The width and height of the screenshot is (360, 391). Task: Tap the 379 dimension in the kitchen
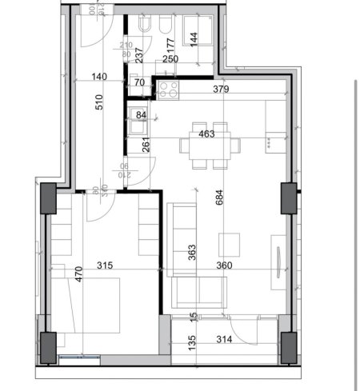click(222, 90)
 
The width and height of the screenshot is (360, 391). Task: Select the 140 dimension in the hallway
click(98, 77)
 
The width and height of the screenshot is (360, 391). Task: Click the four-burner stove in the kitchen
click(169, 90)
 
